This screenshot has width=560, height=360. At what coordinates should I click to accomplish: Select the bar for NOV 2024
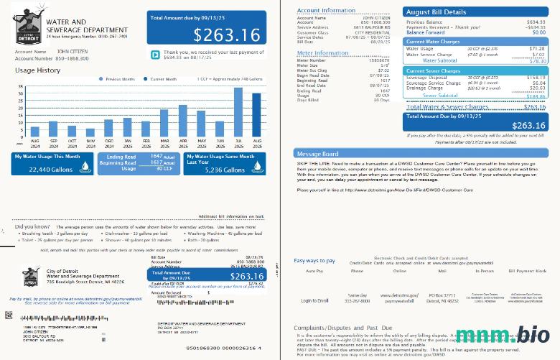tap(90, 132)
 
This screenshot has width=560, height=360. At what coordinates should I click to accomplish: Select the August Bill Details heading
tap(436, 12)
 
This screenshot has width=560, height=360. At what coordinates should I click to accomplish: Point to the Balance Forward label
tap(424, 32)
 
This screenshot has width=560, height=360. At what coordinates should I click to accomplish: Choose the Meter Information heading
tap(322, 53)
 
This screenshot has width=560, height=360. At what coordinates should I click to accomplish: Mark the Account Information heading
tap(326, 11)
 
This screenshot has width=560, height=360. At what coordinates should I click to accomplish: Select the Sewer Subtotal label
tap(441, 95)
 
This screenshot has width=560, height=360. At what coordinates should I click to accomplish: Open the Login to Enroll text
tap(315, 300)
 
